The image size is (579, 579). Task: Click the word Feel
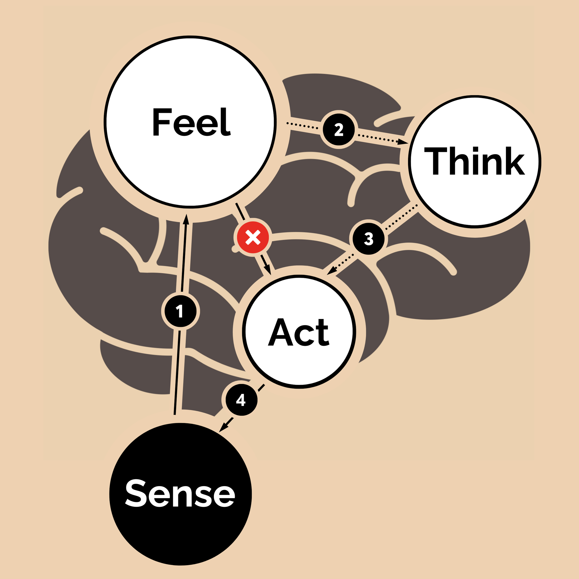tap(191, 122)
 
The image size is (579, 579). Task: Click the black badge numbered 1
tap(180, 311)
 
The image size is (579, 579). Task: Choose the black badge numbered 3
tap(368, 239)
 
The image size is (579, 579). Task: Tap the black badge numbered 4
tap(241, 400)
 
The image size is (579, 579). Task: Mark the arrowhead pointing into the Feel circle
tap(186, 219)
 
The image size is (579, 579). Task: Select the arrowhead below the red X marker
tap(268, 269)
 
